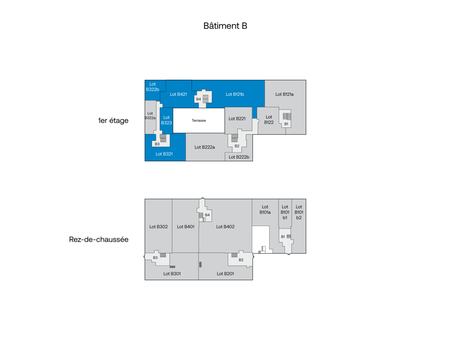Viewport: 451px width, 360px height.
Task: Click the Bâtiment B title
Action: [x=225, y=26]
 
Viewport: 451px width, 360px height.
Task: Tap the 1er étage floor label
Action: [x=113, y=120]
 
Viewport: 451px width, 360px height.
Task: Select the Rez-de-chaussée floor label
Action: [x=99, y=239]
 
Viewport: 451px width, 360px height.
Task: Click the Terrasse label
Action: [x=199, y=120]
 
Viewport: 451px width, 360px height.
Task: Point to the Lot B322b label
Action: [x=152, y=87]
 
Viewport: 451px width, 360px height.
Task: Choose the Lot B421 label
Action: [x=178, y=94]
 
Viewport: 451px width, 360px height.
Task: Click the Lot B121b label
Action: [x=235, y=94]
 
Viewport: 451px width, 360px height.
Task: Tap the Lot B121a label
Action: [x=285, y=94]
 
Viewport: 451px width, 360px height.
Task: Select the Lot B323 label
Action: [x=166, y=120]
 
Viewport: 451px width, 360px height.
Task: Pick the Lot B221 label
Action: [x=237, y=119]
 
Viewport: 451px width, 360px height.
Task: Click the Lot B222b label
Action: [x=239, y=157]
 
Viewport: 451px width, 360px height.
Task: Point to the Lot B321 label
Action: [x=164, y=154]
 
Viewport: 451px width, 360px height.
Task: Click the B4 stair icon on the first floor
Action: [x=205, y=99]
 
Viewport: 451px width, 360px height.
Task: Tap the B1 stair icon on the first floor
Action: [x=287, y=117]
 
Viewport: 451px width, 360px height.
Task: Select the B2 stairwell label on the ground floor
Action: [x=241, y=260]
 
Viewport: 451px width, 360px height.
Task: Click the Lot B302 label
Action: [x=158, y=226]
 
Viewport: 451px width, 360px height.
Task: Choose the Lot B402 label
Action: [x=225, y=226]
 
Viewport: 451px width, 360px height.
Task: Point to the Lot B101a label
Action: [x=265, y=209]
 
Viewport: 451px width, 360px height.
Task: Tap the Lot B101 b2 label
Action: [x=299, y=212]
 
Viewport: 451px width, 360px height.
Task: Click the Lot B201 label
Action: [x=225, y=274]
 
